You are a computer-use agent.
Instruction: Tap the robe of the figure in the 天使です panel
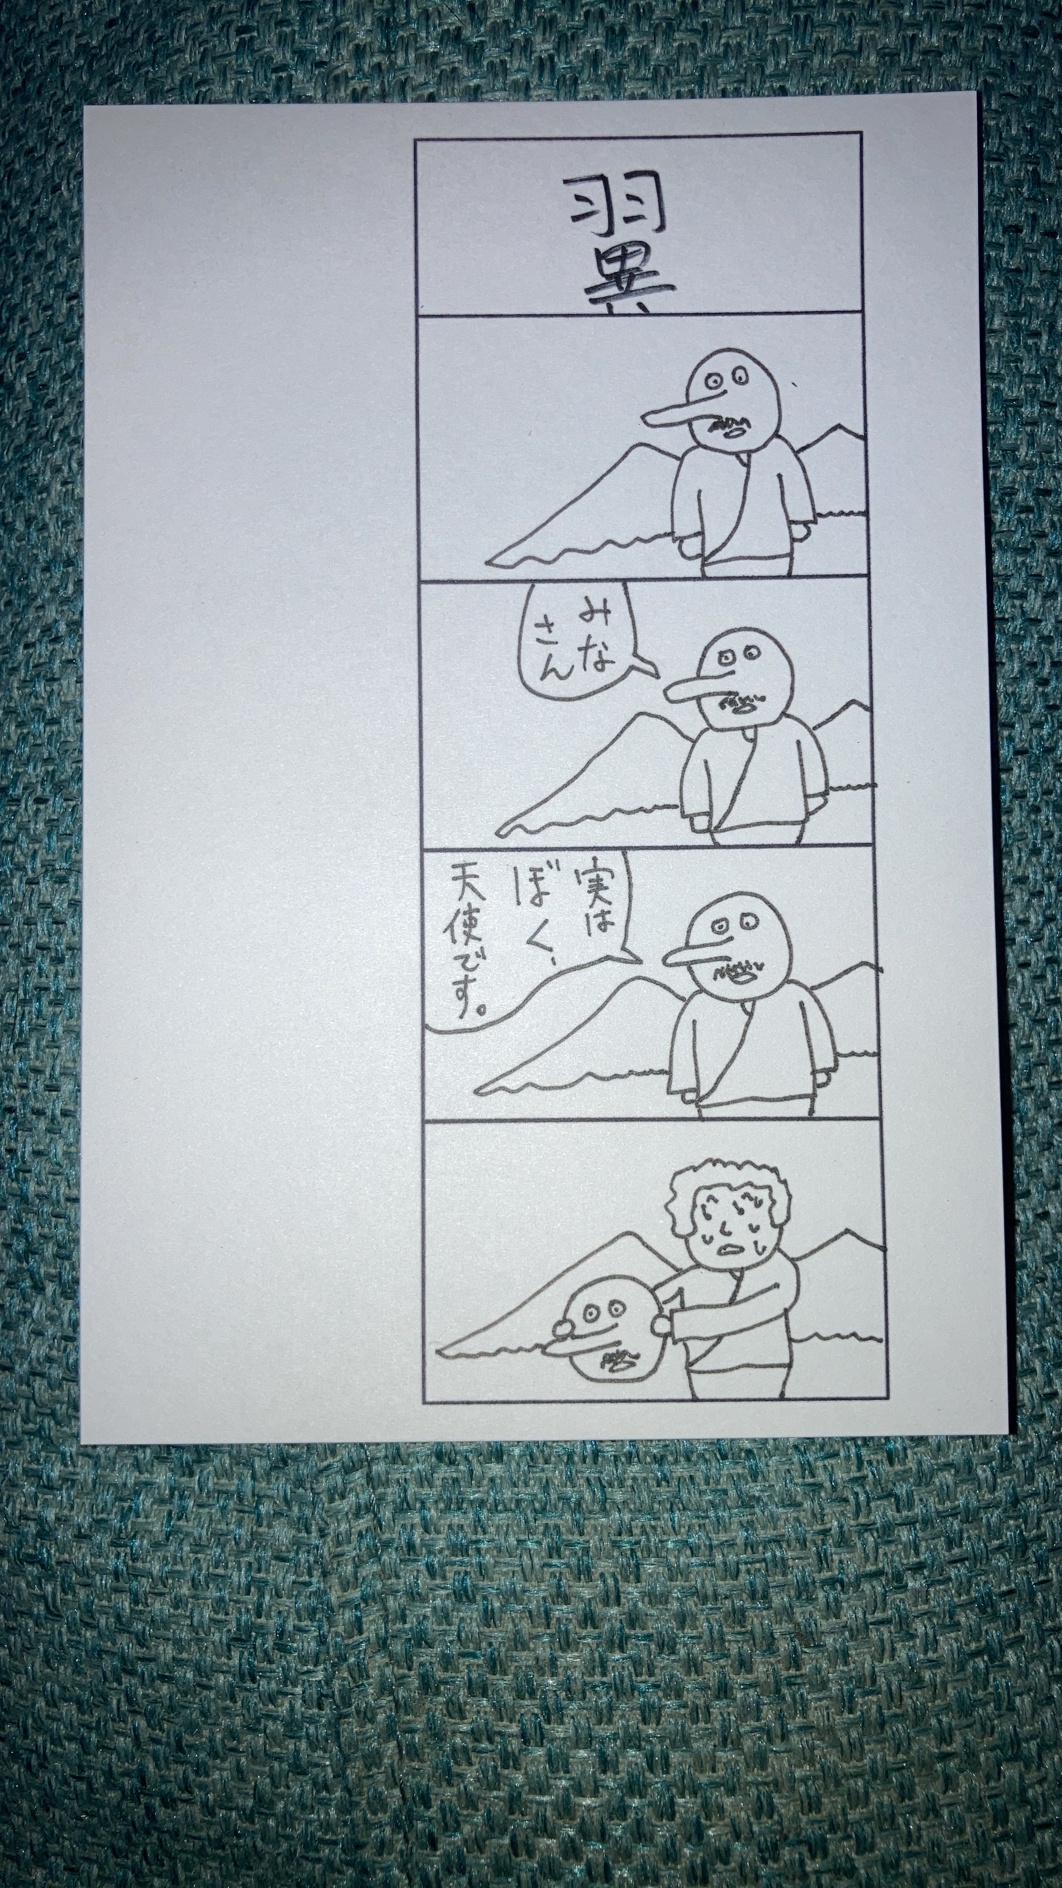[751, 1055]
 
